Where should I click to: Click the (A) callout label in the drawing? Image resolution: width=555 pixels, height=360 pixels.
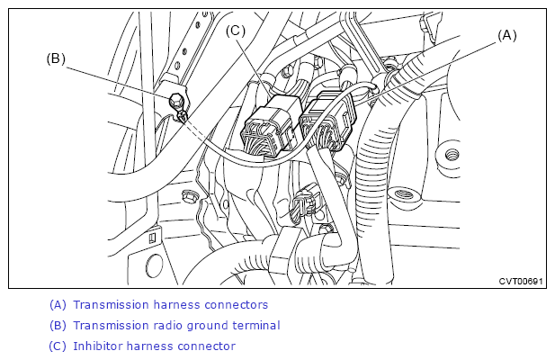pyautogui.click(x=506, y=36)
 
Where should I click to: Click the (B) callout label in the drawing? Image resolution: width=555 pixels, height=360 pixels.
pyautogui.click(x=56, y=58)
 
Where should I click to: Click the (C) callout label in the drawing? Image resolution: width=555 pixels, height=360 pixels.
pyautogui.click(x=236, y=31)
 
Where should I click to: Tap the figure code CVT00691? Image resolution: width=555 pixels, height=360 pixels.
pyautogui.click(x=520, y=281)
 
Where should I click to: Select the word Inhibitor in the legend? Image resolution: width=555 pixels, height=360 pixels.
pyautogui.click(x=96, y=346)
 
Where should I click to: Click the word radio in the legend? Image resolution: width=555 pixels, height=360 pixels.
pyautogui.click(x=166, y=325)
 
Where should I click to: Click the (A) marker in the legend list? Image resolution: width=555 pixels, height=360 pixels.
pyautogui.click(x=58, y=305)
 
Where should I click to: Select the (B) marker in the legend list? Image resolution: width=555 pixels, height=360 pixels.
pyautogui.click(x=58, y=325)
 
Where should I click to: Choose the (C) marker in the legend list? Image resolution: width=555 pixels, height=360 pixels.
pyautogui.click(x=58, y=346)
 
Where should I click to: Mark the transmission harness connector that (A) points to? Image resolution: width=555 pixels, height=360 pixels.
pyautogui.click(x=328, y=121)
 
